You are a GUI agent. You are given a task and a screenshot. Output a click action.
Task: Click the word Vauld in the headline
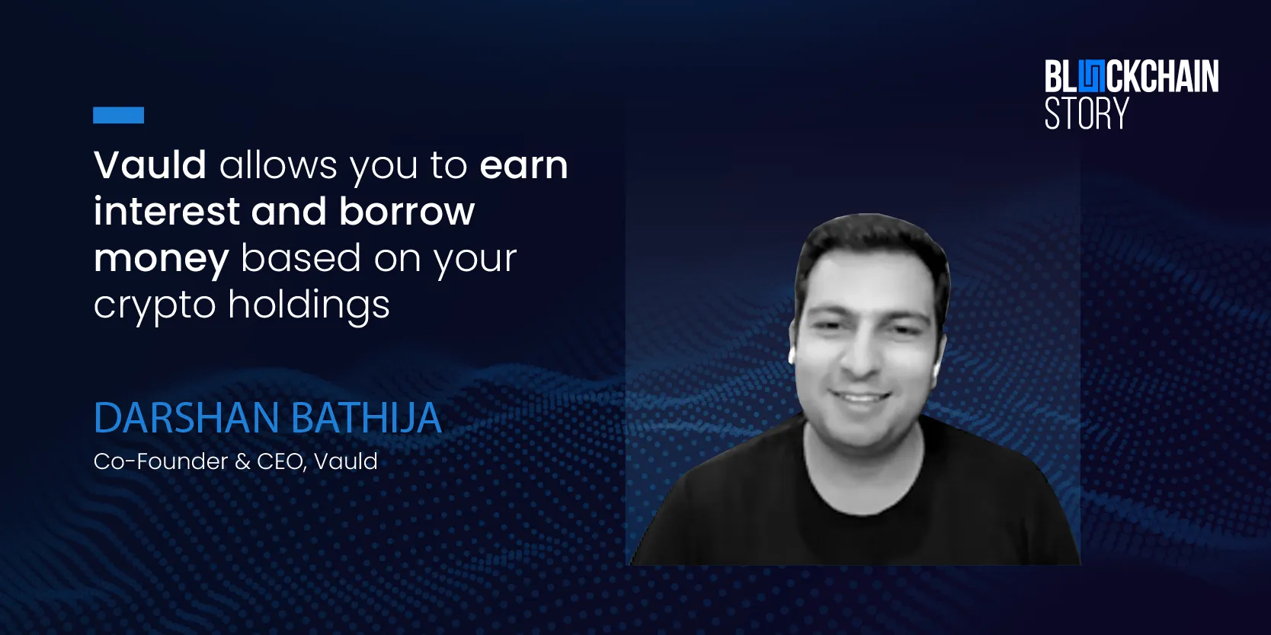click(150, 164)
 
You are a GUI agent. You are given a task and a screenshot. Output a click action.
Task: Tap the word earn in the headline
click(524, 166)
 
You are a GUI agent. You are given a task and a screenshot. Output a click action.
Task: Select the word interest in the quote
click(167, 211)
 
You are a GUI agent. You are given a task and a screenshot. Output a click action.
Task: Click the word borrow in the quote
click(407, 211)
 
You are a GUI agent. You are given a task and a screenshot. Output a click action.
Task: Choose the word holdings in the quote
click(309, 305)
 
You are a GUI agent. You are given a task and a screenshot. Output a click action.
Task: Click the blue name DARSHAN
click(187, 418)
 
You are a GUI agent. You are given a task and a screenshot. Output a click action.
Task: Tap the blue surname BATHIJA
click(367, 418)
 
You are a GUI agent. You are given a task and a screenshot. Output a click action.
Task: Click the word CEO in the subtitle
click(280, 461)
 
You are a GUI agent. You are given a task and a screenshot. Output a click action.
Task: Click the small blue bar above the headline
click(118, 115)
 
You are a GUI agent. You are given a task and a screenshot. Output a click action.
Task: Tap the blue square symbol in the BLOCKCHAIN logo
click(1091, 77)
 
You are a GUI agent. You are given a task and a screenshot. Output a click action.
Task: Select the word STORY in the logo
click(1086, 113)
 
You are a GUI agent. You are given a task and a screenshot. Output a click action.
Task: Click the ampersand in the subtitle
click(242, 461)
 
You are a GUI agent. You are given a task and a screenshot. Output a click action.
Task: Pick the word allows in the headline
click(279, 164)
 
